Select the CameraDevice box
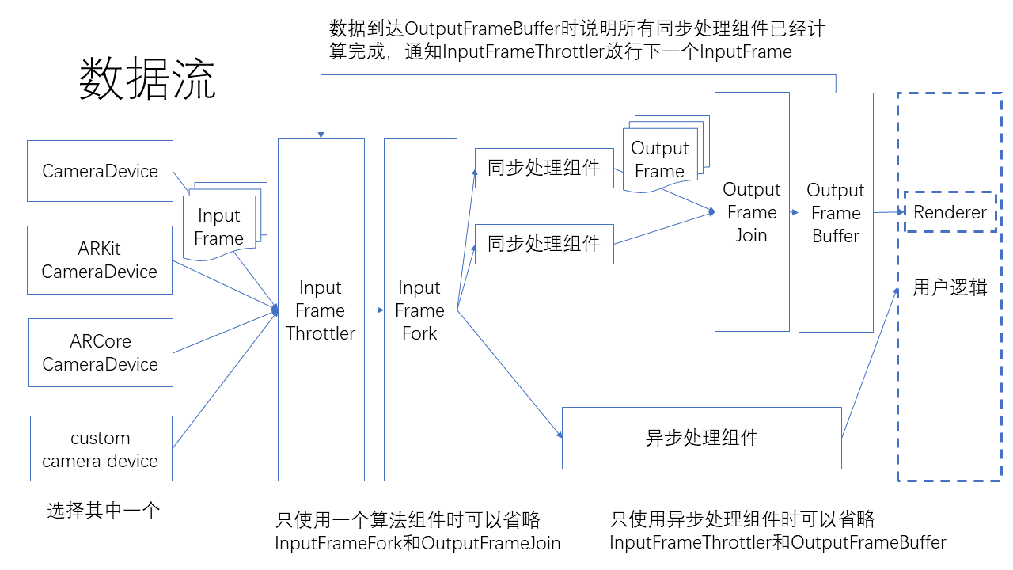[100, 171]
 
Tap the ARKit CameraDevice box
[100, 260]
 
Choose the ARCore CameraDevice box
[101, 353]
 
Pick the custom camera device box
[101, 449]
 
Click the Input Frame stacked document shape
[219, 227]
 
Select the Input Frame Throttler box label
[321, 310]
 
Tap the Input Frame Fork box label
[419, 310]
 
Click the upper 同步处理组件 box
[544, 168]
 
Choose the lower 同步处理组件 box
[544, 244]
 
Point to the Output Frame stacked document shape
[659, 159]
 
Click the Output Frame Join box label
[751, 212]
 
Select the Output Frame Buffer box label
[836, 213]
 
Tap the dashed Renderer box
[950, 212]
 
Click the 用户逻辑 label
[950, 287]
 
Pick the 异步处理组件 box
[701, 438]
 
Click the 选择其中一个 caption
[104, 511]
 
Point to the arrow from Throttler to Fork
[374, 310]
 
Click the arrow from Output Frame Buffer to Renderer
[889, 212]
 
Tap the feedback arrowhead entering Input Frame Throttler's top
[321, 132]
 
